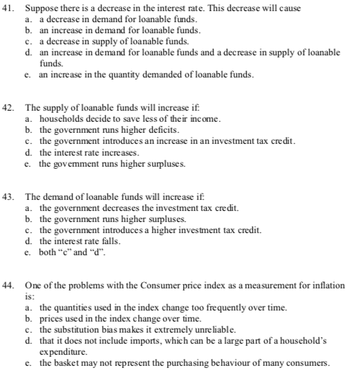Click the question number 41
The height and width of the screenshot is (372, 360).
tap(10, 10)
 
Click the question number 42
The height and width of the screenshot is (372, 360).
tap(10, 109)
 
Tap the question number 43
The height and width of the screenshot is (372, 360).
tap(10, 197)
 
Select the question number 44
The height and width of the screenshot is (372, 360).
tap(10, 285)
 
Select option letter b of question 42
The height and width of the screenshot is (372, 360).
tap(28, 129)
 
